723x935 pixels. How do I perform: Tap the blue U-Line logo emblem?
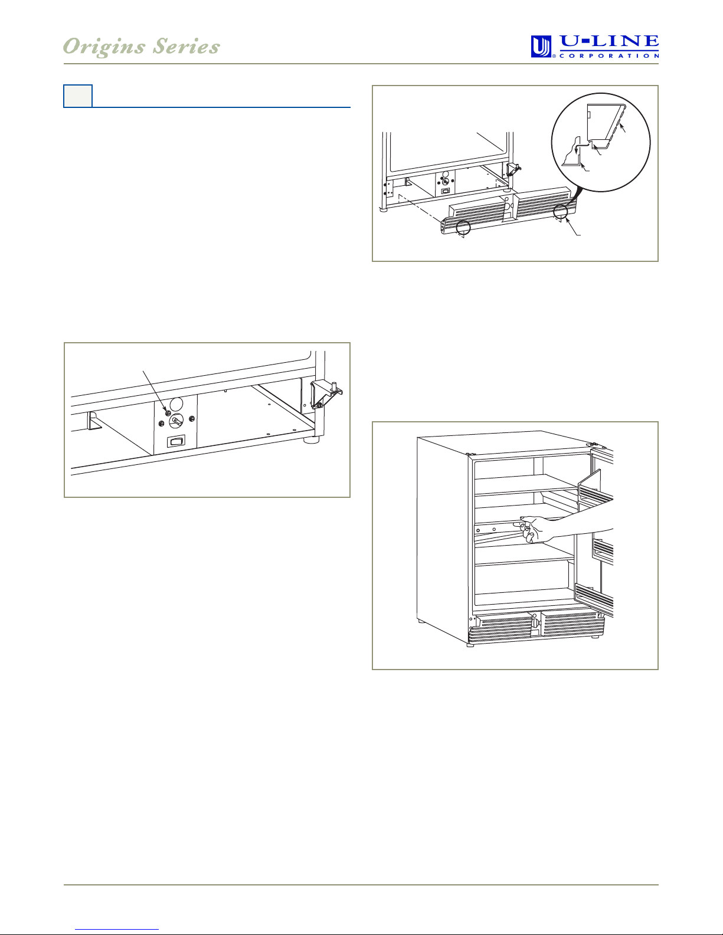tap(541, 47)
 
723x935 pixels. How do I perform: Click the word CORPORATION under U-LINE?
tap(609, 56)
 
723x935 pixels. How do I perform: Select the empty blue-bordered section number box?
tap(78, 96)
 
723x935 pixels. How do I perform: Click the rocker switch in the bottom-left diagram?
tap(176, 441)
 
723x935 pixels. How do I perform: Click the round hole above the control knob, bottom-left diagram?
tap(176, 404)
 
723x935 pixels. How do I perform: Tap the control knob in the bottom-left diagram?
tap(176, 421)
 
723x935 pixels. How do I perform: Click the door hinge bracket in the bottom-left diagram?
tap(326, 393)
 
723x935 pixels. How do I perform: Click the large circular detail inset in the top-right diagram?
tap(601, 142)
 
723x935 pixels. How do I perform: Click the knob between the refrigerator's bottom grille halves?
tap(535, 622)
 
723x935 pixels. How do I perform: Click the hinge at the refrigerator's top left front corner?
tap(471, 454)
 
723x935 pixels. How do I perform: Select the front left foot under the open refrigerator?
tap(470, 645)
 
